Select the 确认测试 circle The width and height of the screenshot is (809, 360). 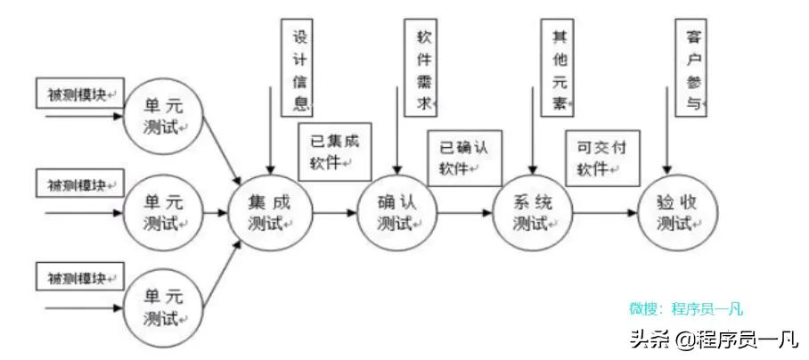click(x=398, y=212)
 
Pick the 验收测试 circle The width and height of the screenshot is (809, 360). click(x=677, y=212)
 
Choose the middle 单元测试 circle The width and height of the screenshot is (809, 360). click(x=164, y=212)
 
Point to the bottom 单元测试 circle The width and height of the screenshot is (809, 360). click(x=164, y=307)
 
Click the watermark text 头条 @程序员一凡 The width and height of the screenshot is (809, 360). click(x=713, y=339)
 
